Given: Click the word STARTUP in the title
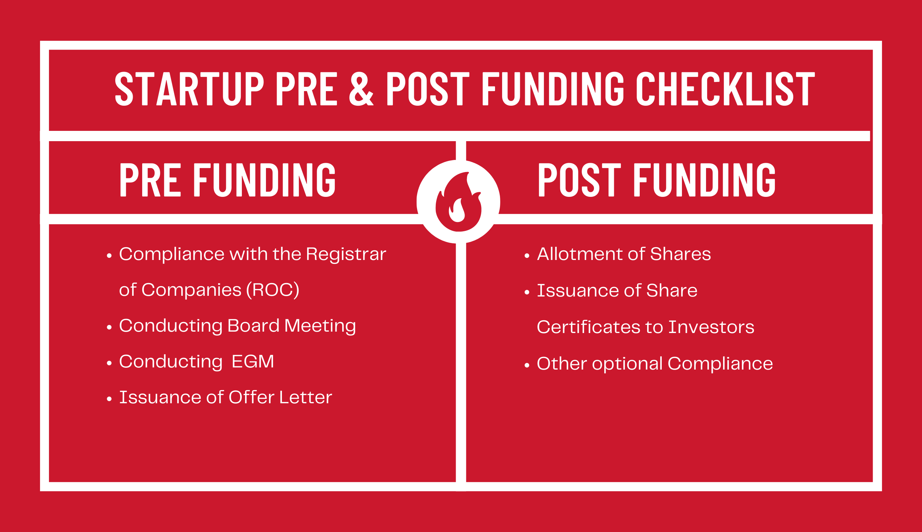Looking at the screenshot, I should click(x=189, y=88).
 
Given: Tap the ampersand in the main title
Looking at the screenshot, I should click(x=361, y=88).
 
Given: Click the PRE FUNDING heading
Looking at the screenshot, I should click(x=227, y=180).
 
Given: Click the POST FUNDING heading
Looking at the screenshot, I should click(x=656, y=180).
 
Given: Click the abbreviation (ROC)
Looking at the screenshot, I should click(x=272, y=290).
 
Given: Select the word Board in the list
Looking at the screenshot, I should click(x=253, y=326).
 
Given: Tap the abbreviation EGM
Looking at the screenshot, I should click(x=252, y=361).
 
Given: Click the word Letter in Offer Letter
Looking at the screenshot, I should click(x=305, y=397).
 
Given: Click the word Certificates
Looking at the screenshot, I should click(x=588, y=327).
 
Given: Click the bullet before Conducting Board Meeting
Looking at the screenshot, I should click(x=109, y=327).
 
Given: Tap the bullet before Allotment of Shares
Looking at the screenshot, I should click(x=527, y=256).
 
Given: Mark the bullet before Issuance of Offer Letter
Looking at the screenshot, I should click(x=109, y=399).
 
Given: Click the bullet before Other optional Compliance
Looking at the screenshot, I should click(x=527, y=365).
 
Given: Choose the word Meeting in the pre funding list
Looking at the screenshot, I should click(x=320, y=326).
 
